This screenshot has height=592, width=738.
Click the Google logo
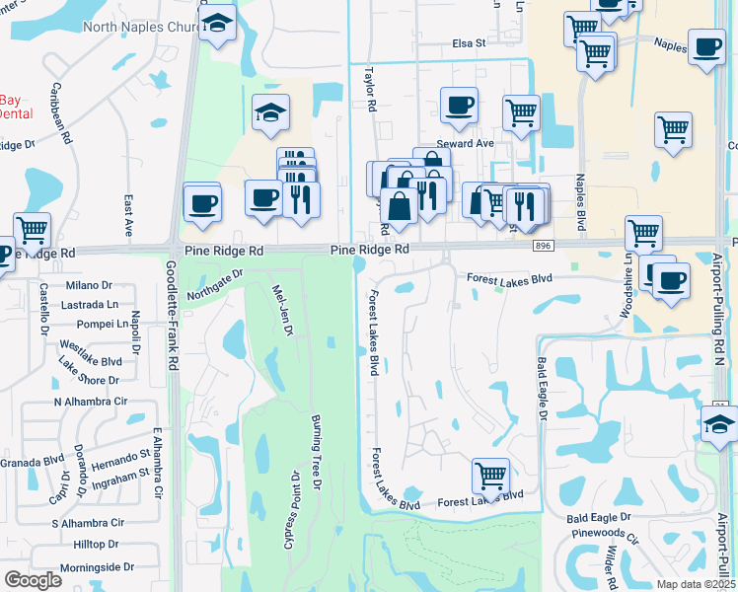32,580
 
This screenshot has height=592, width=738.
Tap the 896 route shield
542,244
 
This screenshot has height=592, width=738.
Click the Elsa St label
470,43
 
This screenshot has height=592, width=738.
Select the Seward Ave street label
472,143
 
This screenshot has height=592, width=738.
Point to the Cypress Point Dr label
292,510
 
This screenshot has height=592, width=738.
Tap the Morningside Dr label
97,566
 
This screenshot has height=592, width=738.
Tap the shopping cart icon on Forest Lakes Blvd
490,476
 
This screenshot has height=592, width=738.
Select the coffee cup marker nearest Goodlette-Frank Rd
202,202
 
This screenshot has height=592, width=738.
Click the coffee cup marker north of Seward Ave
459,106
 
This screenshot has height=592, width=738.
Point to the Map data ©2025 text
696,583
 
